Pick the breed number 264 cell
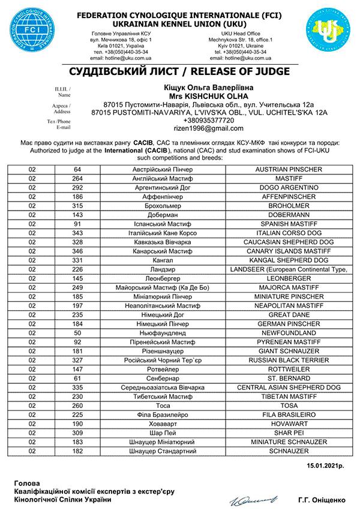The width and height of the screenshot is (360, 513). click(77, 178)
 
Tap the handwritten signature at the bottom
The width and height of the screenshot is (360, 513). click(247, 497)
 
